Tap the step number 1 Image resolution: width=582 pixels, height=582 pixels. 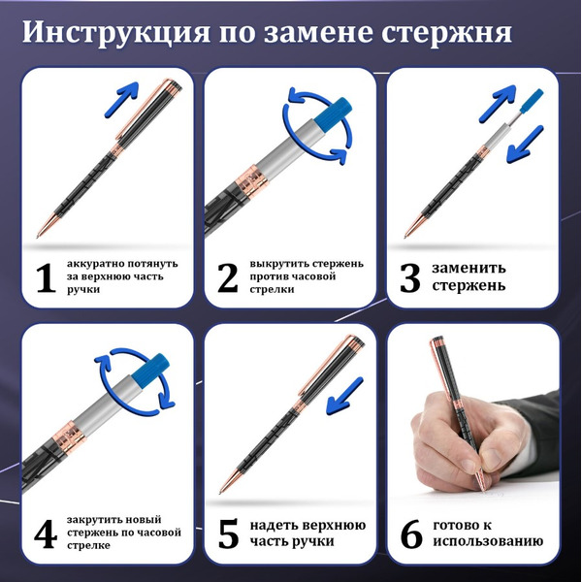tap(44, 278)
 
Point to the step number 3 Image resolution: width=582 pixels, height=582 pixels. tap(410, 278)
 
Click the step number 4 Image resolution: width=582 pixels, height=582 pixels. tap(44, 533)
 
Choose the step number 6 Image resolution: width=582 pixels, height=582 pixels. tap(410, 533)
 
